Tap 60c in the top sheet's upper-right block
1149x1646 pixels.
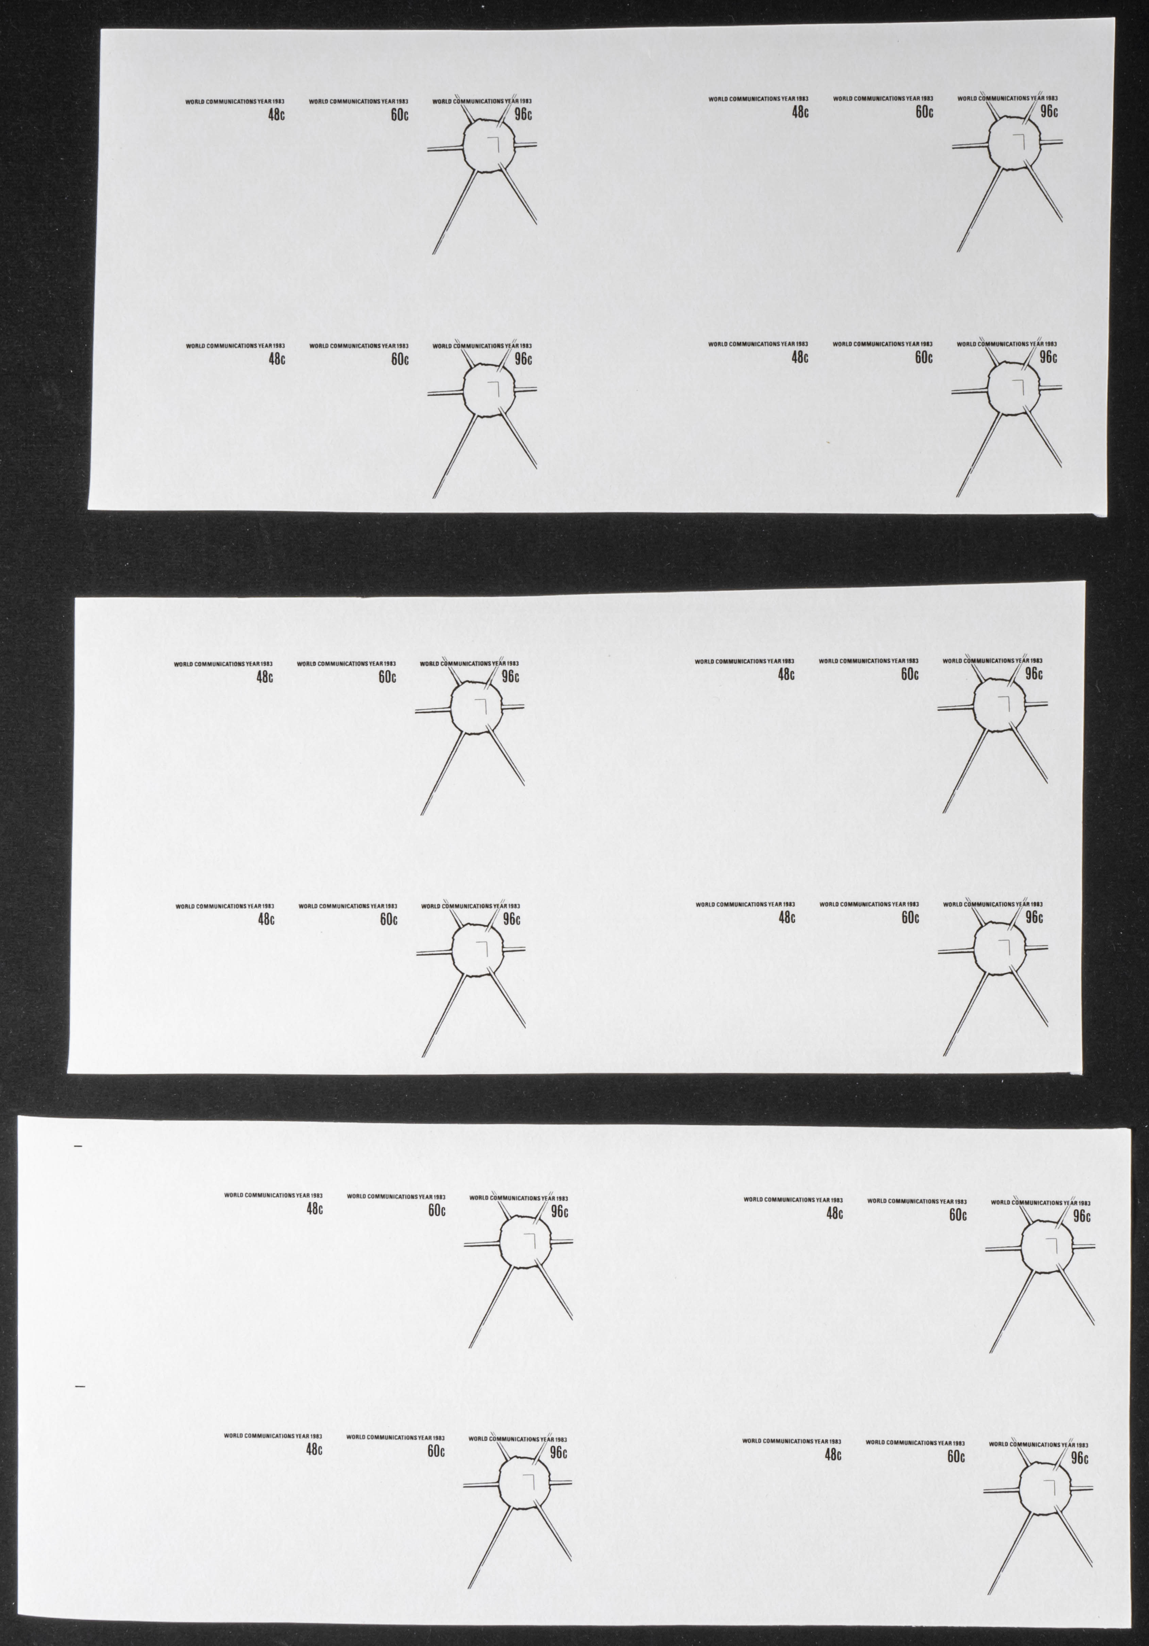click(x=924, y=112)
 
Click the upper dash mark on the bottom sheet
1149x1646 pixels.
click(x=79, y=1146)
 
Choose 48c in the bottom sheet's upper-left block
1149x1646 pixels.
click(x=315, y=1209)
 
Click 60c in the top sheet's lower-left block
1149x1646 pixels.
click(x=400, y=359)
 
